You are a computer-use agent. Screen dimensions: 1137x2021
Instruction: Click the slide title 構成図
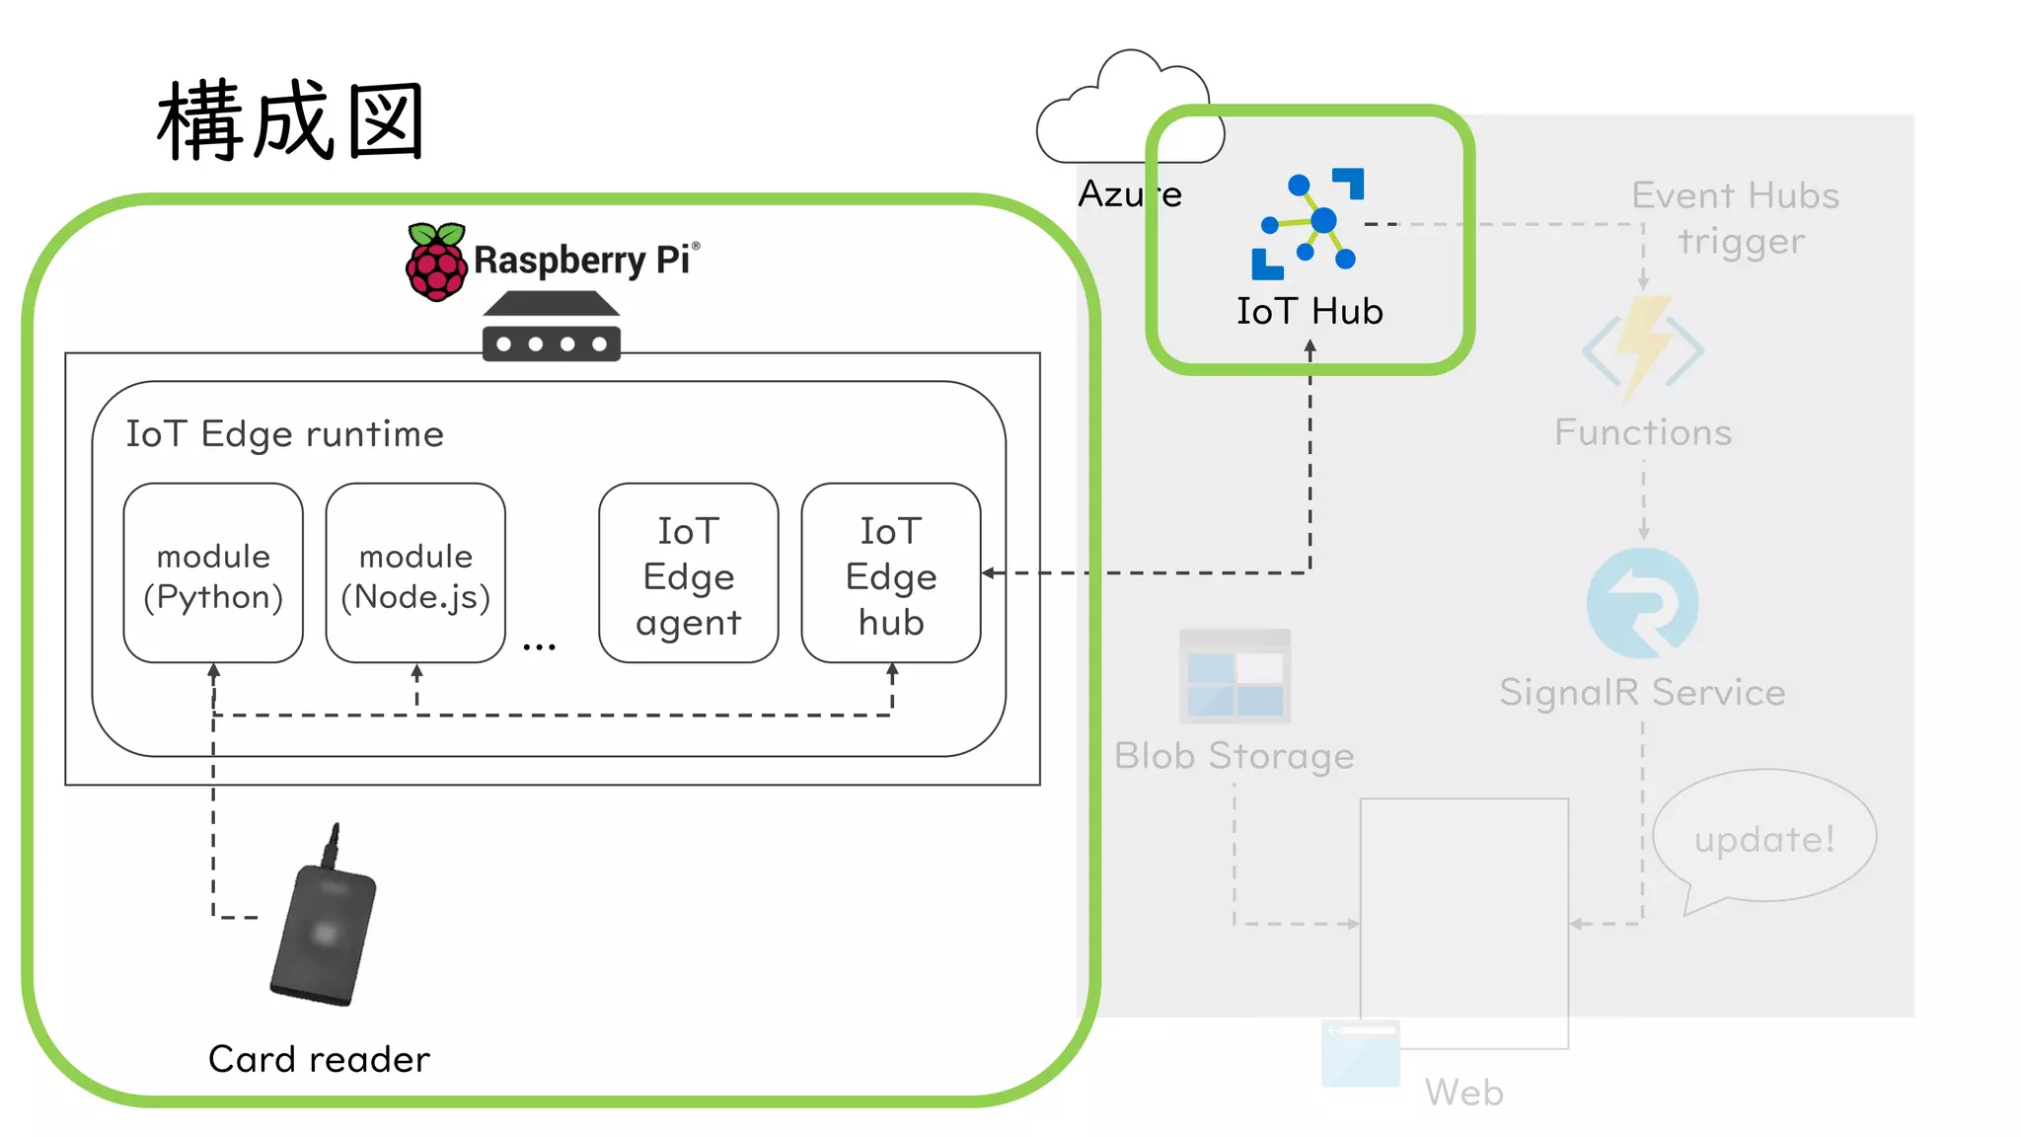[x=291, y=121]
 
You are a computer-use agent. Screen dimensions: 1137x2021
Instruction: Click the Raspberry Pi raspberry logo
[x=435, y=262]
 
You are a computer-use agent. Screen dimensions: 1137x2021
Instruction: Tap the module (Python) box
[x=213, y=573]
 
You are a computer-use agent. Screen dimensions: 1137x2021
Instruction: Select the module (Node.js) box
[x=415, y=573]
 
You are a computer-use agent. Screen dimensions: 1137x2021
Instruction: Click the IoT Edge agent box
[x=688, y=573]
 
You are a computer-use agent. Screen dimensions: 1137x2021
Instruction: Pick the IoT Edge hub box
[x=890, y=573]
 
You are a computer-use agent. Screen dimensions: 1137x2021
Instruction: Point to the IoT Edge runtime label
[x=284, y=434]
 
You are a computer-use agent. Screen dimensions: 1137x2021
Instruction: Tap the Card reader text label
[x=319, y=1059]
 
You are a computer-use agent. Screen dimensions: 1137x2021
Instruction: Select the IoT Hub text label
[x=1310, y=312]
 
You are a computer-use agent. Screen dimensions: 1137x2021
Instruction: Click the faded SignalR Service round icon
[x=1642, y=603]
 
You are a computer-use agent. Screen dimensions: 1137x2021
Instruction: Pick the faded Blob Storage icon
[x=1235, y=676]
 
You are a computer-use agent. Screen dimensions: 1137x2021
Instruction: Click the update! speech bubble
[x=1763, y=839]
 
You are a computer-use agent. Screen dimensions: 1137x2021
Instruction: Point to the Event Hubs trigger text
[x=1736, y=218]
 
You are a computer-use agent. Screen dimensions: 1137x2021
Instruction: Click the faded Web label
[x=1463, y=1093]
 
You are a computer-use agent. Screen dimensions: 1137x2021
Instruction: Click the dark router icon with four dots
[x=551, y=328]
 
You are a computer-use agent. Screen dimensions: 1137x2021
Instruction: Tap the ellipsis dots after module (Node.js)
[x=539, y=647]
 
